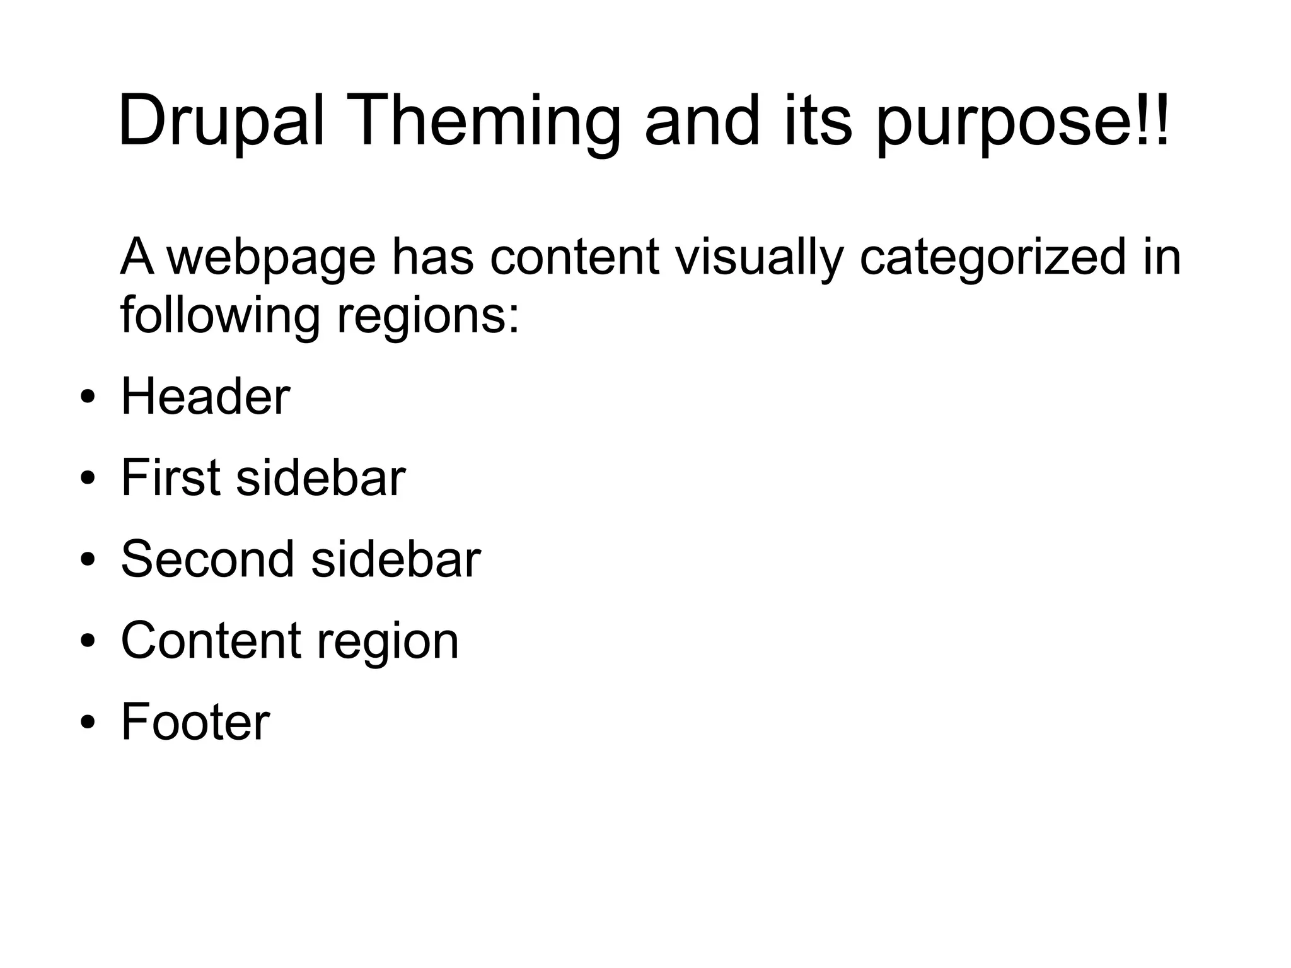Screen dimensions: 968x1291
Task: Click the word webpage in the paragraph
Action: click(x=271, y=259)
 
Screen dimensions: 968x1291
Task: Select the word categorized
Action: click(x=993, y=259)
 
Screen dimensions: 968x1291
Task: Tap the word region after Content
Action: click(x=387, y=642)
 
